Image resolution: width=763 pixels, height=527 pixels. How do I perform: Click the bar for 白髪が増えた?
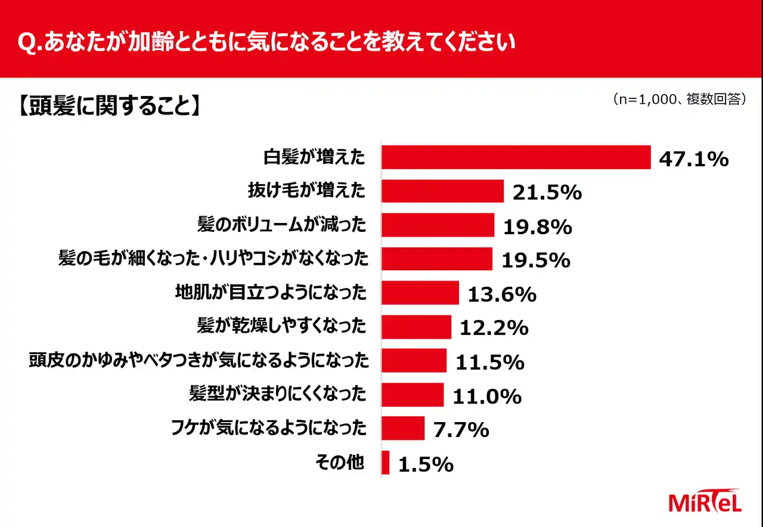(516, 157)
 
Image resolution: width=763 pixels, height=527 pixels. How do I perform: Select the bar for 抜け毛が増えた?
(443, 191)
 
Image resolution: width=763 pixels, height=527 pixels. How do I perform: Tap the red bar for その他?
(386, 463)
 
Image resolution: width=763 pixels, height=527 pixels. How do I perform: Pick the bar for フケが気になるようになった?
(403, 428)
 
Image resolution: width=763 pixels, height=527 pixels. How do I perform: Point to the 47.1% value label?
(694, 159)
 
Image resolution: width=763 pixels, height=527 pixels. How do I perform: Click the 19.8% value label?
(538, 227)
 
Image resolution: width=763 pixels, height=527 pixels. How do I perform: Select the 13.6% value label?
(502, 294)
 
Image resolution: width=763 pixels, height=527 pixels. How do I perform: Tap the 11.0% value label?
(487, 396)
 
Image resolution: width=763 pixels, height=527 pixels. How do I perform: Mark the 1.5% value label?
(425, 464)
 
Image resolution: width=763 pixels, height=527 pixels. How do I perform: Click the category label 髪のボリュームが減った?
(281, 225)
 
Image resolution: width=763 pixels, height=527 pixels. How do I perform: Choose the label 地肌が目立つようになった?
(270, 293)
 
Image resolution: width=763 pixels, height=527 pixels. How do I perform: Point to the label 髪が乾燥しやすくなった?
(281, 326)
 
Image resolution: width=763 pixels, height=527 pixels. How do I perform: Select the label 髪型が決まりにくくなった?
(276, 394)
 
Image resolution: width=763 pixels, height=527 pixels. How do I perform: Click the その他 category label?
(339, 462)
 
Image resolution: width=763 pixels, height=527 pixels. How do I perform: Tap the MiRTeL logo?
(705, 501)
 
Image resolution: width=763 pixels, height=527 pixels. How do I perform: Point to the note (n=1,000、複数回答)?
(680, 100)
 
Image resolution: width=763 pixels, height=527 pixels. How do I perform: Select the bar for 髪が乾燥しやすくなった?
(416, 327)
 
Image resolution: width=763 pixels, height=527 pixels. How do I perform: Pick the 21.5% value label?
(547, 193)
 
